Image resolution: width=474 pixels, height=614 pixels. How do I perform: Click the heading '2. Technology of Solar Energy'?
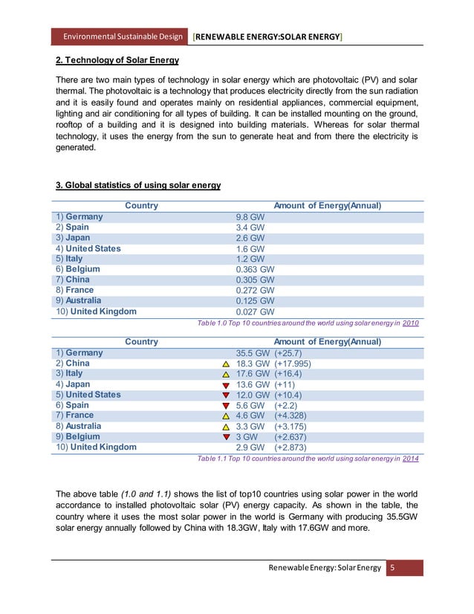(x=117, y=59)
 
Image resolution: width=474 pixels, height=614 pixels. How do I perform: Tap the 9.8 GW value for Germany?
(x=250, y=217)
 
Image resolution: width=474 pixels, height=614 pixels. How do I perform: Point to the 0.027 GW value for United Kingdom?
(x=255, y=311)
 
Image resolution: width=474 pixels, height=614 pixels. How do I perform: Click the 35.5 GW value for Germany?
(x=253, y=353)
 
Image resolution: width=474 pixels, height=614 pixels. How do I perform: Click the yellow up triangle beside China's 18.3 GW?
(x=226, y=364)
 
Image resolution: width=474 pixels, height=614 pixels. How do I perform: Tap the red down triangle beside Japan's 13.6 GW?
(x=226, y=385)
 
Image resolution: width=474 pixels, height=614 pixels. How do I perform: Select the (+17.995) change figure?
(x=293, y=363)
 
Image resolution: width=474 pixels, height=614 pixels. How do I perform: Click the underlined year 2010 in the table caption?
(x=410, y=323)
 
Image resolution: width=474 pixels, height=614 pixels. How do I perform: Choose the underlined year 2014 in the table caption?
(x=410, y=459)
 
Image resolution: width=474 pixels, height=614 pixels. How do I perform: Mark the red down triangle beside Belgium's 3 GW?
(x=226, y=437)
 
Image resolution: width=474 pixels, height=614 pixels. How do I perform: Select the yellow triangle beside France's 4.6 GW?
(x=226, y=416)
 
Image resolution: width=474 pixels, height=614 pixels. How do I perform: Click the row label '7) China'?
(x=73, y=279)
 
